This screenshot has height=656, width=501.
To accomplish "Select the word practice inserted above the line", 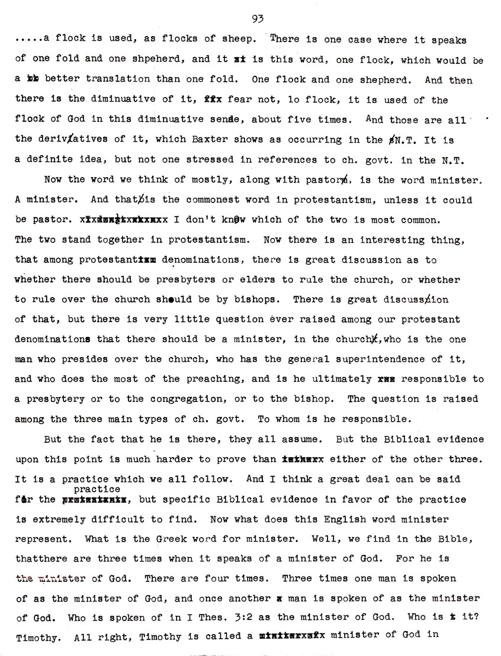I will [98, 489].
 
